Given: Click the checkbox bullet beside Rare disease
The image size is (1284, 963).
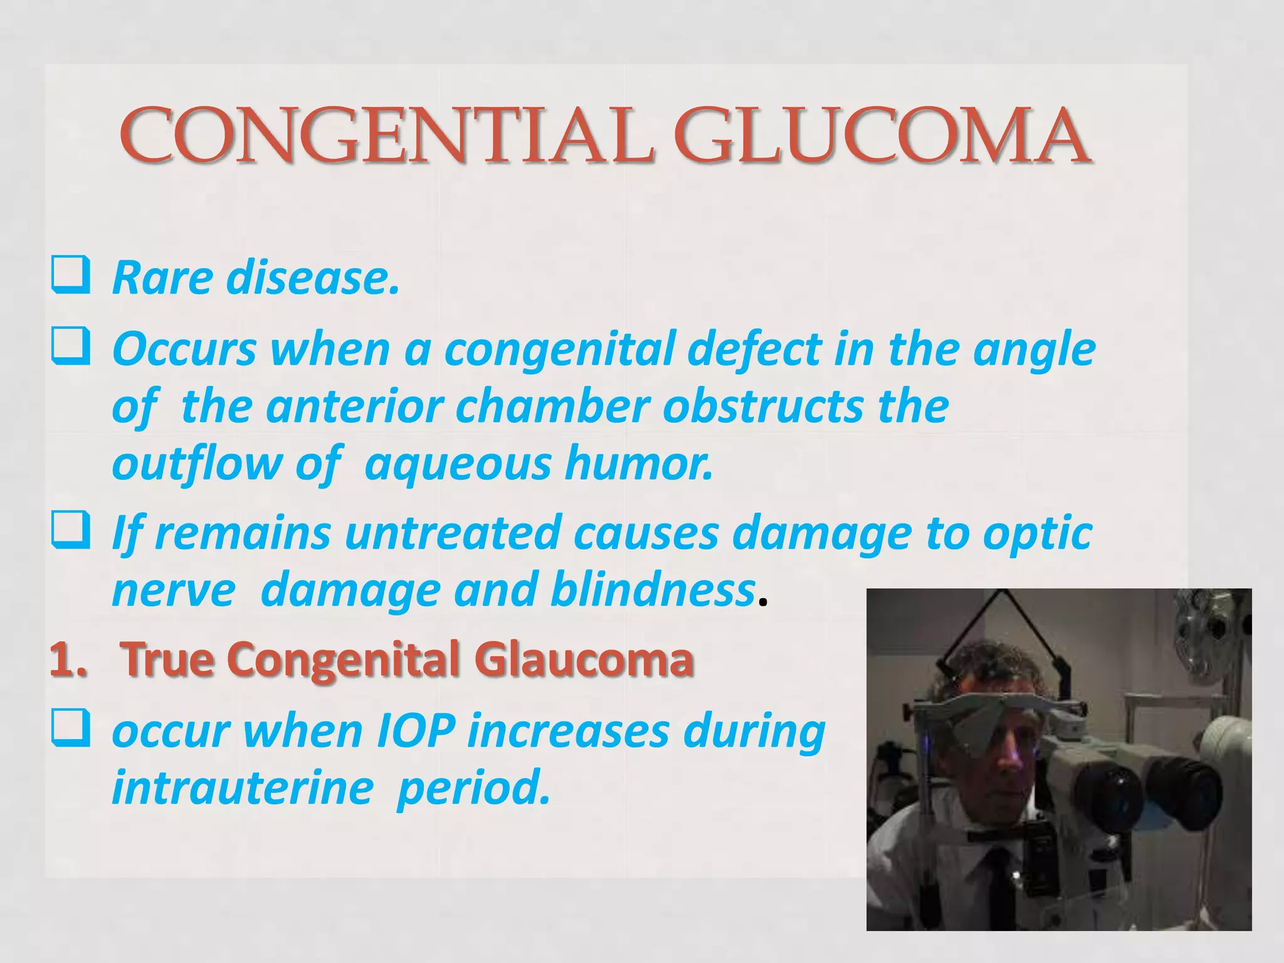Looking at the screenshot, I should pyautogui.click(x=70, y=275).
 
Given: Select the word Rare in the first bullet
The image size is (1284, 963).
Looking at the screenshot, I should pyautogui.click(x=162, y=278).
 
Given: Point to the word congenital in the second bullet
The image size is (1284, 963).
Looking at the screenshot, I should pyautogui.click(x=561, y=349).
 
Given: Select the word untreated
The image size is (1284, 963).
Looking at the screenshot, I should pyautogui.click(x=453, y=533).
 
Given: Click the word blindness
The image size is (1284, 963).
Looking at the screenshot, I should pyautogui.click(x=652, y=591).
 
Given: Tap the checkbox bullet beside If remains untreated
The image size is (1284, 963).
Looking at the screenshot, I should pyautogui.click(x=70, y=530).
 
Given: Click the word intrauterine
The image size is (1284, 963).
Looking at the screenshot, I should pyautogui.click(x=243, y=788).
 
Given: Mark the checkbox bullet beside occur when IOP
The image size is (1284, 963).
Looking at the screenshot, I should pyautogui.click(x=70, y=728).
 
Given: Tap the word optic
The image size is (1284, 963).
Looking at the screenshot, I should pyautogui.click(x=1037, y=533).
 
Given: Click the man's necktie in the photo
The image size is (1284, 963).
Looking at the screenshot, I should pyautogui.click(x=999, y=890).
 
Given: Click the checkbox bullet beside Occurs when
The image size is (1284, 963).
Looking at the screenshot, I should pyautogui.click(x=70, y=347).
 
